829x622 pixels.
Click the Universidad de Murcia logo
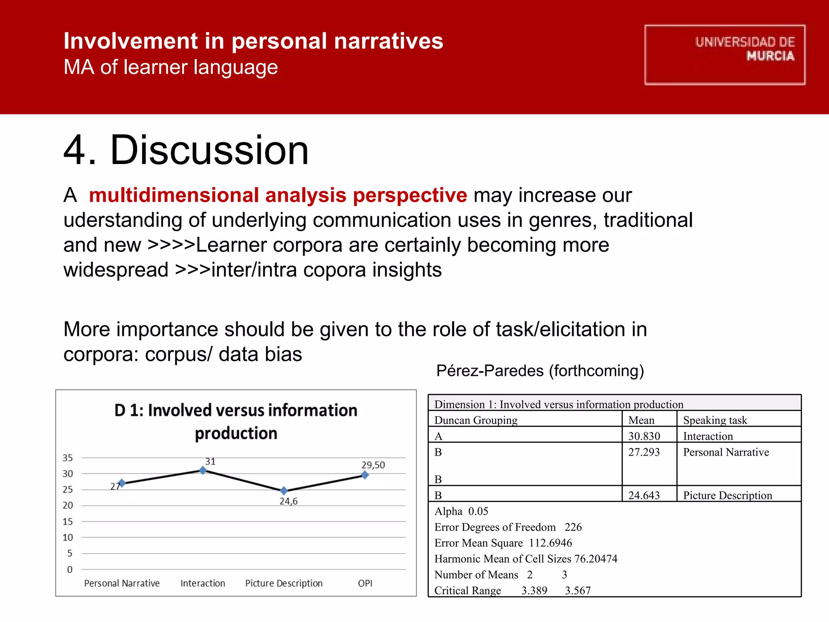pos(725,55)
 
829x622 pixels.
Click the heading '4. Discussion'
pos(186,150)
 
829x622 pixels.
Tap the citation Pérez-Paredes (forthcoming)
pos(540,371)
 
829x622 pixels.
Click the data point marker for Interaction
pos(203,470)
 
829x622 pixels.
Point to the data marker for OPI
pos(365,475)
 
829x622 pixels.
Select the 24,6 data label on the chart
pos(288,501)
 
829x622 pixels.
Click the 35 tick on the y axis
pos(68,458)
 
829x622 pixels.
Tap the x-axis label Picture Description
pos(284,583)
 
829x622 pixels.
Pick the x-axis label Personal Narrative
pos(122,583)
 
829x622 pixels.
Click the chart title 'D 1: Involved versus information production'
pos(236,422)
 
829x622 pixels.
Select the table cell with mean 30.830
pos(644,436)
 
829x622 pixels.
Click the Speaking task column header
pos(715,420)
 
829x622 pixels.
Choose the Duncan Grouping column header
pos(476,420)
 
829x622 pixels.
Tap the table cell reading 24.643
pos(644,495)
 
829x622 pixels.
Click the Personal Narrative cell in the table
pos(726,452)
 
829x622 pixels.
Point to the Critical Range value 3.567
pos(578,590)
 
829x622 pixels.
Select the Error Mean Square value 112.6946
pos(550,543)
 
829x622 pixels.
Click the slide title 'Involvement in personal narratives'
pos(253,41)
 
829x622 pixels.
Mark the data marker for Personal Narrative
pos(122,483)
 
